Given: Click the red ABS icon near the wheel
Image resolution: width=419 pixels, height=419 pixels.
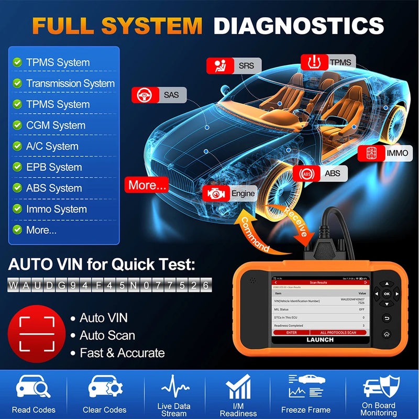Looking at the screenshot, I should (304, 173).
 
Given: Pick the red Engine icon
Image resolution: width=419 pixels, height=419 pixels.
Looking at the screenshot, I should (214, 194).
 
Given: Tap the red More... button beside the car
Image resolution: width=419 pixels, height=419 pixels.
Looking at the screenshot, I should (147, 185).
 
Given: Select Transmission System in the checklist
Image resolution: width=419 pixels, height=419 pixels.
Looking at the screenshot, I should (70, 83).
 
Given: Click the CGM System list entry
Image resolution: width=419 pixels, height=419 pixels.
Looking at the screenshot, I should (56, 125).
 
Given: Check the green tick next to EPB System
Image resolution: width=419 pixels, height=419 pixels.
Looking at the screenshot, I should (17, 167).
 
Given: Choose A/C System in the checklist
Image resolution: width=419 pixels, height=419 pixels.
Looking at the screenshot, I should (52, 146).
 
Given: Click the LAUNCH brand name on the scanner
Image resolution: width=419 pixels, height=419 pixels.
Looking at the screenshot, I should (319, 340).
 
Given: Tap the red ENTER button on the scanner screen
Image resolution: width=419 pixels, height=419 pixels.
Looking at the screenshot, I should (291, 333).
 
